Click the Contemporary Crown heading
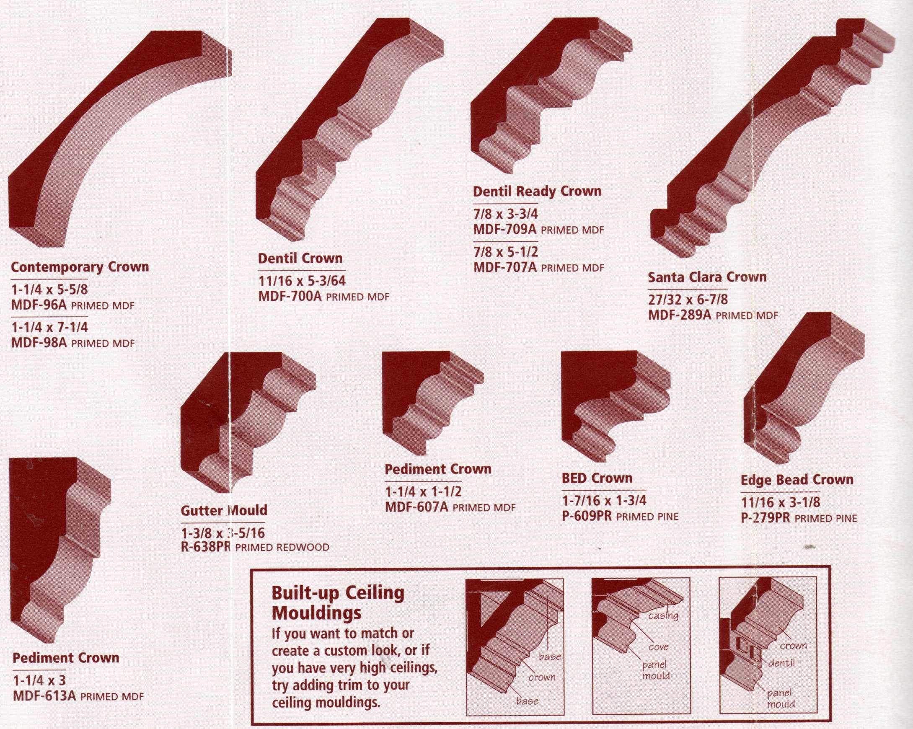point(80,268)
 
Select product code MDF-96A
point(39,305)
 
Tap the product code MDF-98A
point(39,342)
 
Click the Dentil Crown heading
point(300,259)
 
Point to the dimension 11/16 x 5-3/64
point(302,281)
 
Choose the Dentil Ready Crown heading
point(537,192)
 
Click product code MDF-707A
point(505,268)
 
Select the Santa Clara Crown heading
point(707,278)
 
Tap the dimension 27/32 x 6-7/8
point(688,300)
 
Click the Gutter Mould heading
point(224,511)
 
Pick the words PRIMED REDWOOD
point(282,548)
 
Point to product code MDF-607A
point(416,507)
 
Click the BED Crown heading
point(597,478)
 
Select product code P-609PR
point(587,516)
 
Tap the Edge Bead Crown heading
point(797,480)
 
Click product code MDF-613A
point(44,695)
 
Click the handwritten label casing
point(663,616)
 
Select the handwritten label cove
point(659,647)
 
